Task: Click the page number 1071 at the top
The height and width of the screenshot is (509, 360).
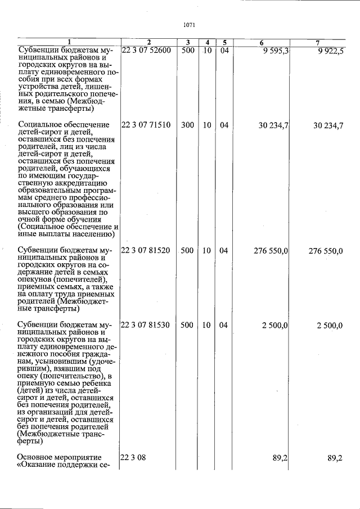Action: [189, 25]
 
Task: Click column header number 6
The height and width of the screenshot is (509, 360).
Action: [262, 43]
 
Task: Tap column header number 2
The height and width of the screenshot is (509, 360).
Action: [148, 43]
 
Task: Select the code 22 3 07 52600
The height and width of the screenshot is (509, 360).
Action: [146, 50]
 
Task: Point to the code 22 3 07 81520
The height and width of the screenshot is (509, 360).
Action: [146, 251]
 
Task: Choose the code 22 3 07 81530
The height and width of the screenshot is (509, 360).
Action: [146, 326]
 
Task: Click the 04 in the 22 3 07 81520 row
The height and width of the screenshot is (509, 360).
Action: [224, 251]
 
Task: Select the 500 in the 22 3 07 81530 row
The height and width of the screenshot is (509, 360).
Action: [188, 326]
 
